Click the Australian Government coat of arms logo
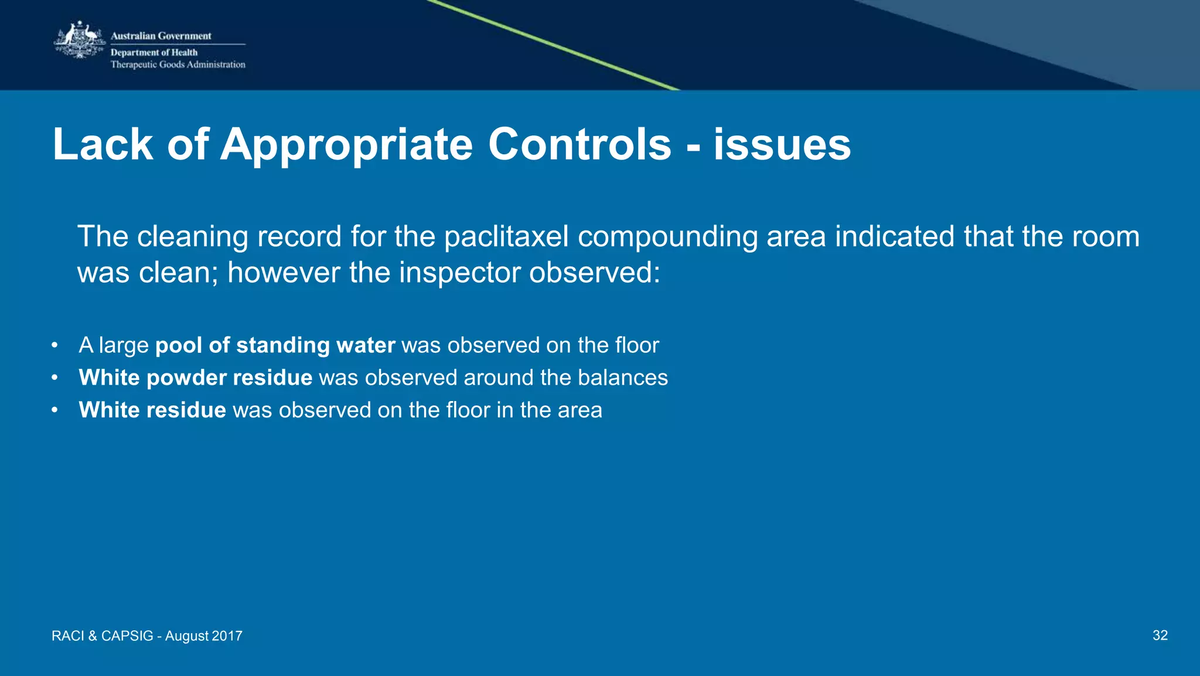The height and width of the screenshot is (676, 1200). [80, 40]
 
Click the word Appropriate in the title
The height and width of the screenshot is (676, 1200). [346, 145]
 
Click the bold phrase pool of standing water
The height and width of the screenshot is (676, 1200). [275, 345]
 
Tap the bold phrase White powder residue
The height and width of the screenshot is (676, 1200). [196, 378]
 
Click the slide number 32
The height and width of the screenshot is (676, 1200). [1160, 636]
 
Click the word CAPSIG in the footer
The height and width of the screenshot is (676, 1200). [127, 636]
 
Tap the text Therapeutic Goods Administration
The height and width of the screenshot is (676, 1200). [178, 64]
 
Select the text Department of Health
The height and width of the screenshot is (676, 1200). [154, 52]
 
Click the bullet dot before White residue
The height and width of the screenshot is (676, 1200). [54, 410]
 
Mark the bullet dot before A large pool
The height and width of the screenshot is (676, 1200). [54, 345]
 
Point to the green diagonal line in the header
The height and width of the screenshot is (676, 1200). [554, 46]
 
